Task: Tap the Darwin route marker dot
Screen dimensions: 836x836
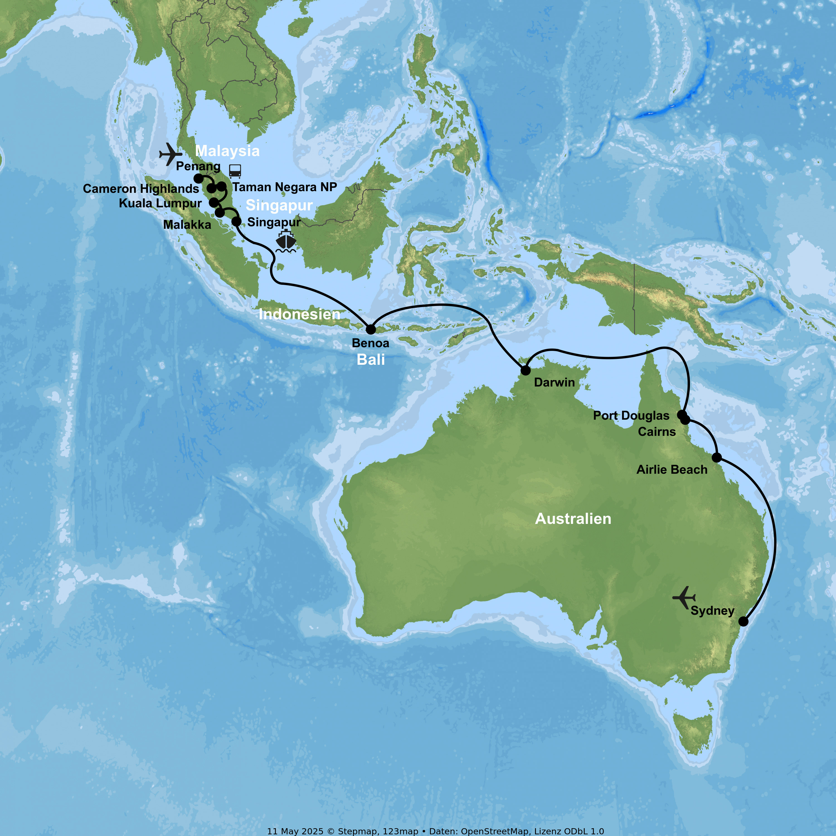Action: [x=525, y=370]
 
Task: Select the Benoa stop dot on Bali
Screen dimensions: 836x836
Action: [x=371, y=329]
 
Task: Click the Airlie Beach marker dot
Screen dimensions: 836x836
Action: [x=716, y=457]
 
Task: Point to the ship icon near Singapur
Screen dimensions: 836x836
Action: [x=286, y=241]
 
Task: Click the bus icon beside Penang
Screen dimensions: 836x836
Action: [x=235, y=171]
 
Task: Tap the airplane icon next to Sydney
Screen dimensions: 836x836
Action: [x=684, y=597]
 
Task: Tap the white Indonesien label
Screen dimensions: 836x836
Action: [x=300, y=314]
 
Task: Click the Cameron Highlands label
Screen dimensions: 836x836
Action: [x=141, y=189]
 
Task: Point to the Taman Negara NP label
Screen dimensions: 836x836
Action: [x=285, y=187]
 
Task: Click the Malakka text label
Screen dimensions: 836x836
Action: [x=187, y=225]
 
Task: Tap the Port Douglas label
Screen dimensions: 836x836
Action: [x=631, y=415]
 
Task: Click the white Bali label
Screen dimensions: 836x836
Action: [x=371, y=359]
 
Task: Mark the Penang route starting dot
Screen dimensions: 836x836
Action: [x=198, y=178]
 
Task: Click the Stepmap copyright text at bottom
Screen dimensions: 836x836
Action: [x=435, y=831]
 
